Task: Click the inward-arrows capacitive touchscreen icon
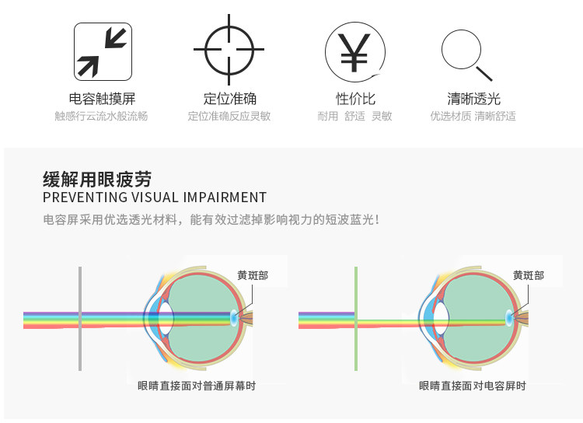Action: coord(102,51)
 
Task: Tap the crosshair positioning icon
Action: coord(229,51)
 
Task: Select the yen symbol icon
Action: coord(354,51)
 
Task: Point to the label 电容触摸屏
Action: coord(102,99)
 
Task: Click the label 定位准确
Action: coord(229,99)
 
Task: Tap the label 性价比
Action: coord(355,99)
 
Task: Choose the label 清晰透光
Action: coord(473,99)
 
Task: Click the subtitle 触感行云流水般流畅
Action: coord(101,117)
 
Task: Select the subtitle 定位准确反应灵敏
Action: coord(229,117)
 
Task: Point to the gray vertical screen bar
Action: coord(79,319)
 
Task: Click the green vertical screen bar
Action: coord(356,319)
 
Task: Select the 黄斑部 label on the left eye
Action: coord(253,276)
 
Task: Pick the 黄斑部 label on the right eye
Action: coord(529,276)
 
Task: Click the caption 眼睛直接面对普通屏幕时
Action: coord(197,386)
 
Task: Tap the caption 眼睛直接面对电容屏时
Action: coord(473,386)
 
